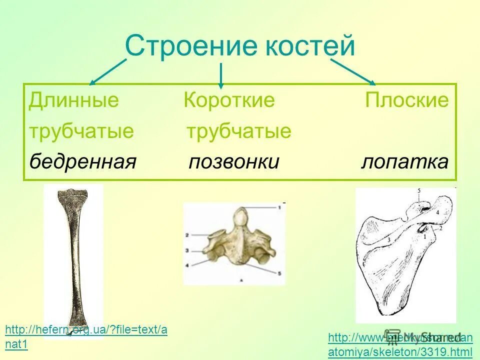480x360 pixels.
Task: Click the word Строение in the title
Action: (x=189, y=46)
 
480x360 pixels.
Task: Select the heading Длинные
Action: (x=74, y=100)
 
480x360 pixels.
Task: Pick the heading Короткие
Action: (x=229, y=100)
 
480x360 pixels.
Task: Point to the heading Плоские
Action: (x=406, y=100)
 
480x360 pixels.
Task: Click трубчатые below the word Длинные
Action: (x=81, y=131)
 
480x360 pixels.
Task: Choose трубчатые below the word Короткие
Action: (x=238, y=131)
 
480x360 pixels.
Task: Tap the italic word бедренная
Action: (x=82, y=162)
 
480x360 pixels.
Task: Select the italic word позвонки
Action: (x=233, y=162)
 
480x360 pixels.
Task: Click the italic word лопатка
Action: (x=404, y=162)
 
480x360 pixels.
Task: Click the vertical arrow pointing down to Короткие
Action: (x=221, y=76)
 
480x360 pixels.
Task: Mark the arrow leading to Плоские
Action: (x=352, y=71)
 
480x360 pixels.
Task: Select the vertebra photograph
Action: (x=234, y=243)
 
